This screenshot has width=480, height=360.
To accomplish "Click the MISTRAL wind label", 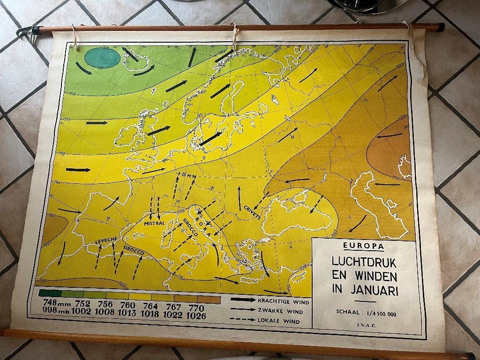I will coord(154,224).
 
